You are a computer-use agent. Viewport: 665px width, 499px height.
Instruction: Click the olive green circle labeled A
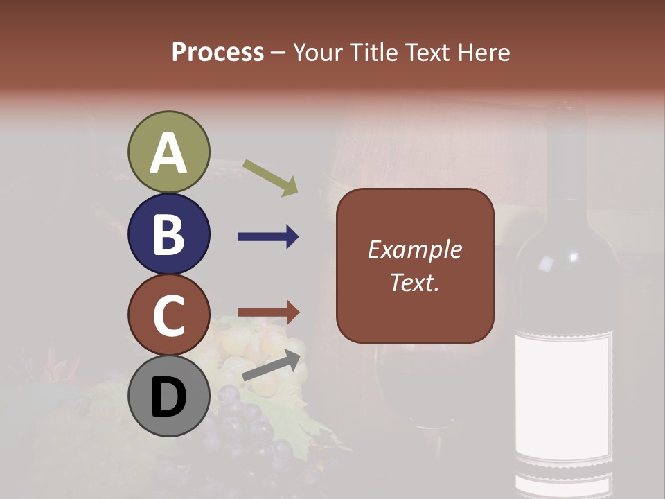(x=169, y=152)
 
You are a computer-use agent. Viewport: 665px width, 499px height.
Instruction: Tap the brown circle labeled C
(x=169, y=315)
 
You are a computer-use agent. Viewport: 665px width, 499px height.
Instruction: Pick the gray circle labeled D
(x=169, y=396)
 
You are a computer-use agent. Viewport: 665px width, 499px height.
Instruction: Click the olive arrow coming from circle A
(x=271, y=177)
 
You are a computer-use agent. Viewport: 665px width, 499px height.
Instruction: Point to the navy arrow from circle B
(x=268, y=237)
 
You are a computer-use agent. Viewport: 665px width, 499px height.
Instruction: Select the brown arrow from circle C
(x=268, y=313)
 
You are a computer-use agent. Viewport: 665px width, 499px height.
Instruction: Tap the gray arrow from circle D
(x=272, y=366)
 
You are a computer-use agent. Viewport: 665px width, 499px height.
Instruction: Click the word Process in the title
(x=218, y=53)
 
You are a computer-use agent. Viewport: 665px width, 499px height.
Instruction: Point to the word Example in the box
(x=414, y=250)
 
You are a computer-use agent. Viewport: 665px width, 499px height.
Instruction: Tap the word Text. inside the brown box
(x=414, y=282)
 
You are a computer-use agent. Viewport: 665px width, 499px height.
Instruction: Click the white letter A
(x=169, y=153)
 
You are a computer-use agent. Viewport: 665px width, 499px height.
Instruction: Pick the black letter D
(x=169, y=398)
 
